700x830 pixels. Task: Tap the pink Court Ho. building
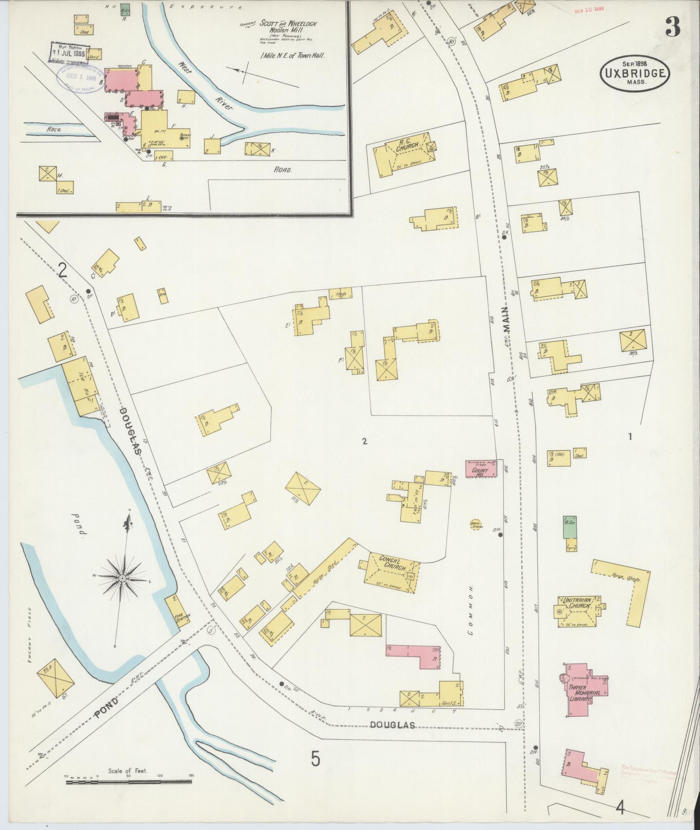coord(481,469)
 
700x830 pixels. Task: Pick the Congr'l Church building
coord(391,569)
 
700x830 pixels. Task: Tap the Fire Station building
coord(177,611)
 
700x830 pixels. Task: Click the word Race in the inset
coord(54,129)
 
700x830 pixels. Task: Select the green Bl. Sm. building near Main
coord(570,527)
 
